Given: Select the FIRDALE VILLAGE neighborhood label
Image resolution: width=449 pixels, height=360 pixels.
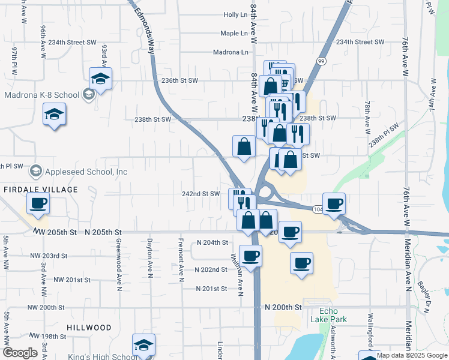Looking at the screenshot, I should coord(40,190).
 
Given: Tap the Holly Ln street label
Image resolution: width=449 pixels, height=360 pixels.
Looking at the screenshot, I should coord(235,14).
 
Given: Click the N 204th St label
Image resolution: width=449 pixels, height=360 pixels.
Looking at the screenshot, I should coord(212,242).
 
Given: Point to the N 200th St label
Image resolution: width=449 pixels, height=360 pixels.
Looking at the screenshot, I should coord(283,307).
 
